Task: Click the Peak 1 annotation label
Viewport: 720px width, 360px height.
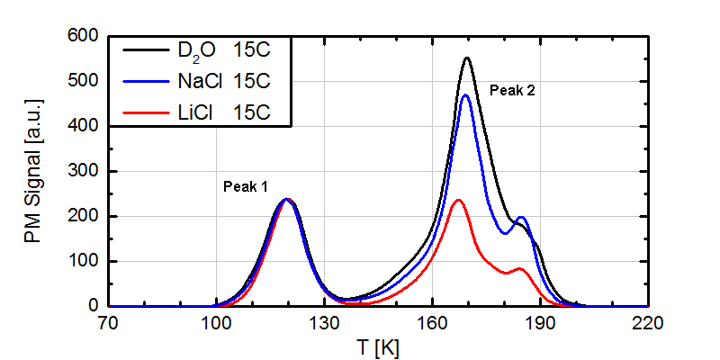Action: click(245, 186)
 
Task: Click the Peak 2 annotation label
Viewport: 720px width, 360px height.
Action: click(511, 90)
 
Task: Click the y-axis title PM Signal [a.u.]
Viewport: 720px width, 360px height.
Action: click(37, 171)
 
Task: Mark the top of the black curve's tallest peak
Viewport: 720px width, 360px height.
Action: click(467, 58)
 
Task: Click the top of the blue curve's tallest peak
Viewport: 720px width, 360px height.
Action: click(465, 95)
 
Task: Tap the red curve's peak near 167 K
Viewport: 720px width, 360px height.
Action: click(458, 200)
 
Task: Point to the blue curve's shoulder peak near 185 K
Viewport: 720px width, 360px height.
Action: click(520, 218)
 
